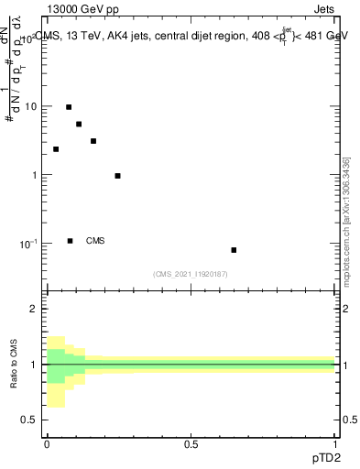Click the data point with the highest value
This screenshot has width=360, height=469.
[x=69, y=107]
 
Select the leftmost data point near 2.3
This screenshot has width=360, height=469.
[x=56, y=149]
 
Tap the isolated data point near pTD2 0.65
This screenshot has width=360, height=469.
[x=234, y=250]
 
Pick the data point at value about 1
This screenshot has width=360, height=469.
[x=117, y=176]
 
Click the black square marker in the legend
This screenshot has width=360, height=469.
[x=70, y=241]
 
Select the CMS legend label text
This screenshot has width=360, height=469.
[x=95, y=241]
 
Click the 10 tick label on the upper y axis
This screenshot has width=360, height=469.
[x=30, y=106]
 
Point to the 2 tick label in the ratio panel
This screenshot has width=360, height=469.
[x=36, y=309]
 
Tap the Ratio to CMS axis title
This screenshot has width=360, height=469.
[x=14, y=364]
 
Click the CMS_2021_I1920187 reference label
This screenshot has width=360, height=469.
[x=191, y=274]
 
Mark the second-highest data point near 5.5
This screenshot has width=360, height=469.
[x=79, y=124]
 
